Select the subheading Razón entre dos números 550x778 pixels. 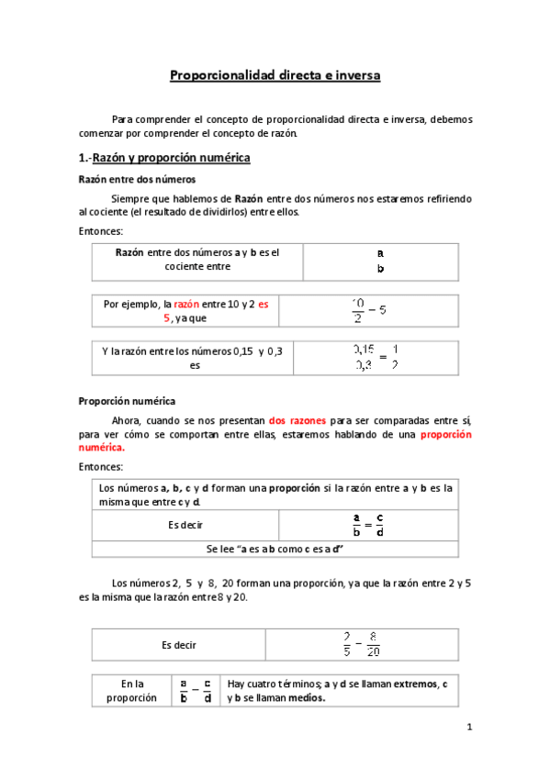click(x=136, y=179)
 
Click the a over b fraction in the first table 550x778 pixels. click(x=380, y=261)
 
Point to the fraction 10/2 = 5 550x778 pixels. click(x=369, y=310)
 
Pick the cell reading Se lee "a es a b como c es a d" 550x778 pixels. click(x=275, y=549)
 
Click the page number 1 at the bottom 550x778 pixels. click(x=467, y=728)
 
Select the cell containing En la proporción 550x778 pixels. click(x=132, y=690)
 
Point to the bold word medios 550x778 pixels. click(x=304, y=697)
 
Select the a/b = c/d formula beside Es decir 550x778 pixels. click(x=368, y=525)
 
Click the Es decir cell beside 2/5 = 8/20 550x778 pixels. click(x=178, y=645)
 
